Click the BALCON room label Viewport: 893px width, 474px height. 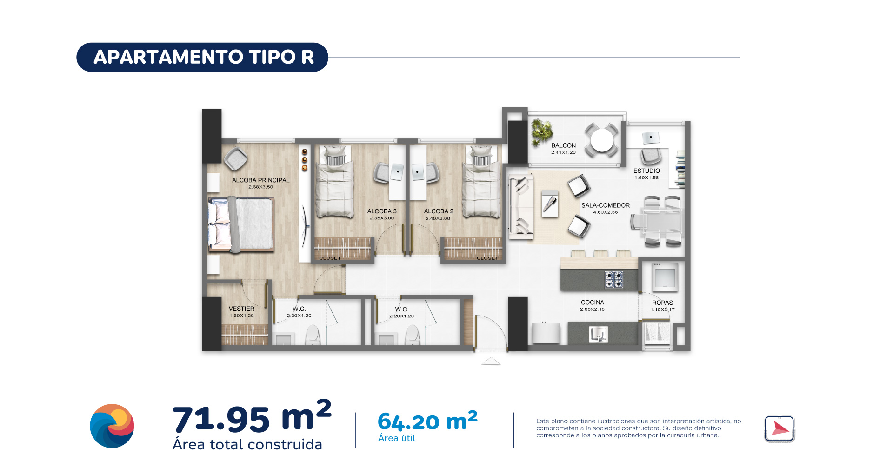563,145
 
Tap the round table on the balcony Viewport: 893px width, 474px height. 602,140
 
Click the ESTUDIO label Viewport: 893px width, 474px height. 646,171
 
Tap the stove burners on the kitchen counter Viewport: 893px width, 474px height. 614,280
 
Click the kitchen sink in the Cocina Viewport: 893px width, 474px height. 598,334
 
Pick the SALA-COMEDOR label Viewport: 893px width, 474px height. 606,205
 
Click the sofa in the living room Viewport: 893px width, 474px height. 521,207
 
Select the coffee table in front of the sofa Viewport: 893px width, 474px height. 550,204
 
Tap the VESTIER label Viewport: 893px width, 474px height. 241,309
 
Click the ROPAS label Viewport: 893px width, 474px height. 662,303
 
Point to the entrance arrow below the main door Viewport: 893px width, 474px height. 491,361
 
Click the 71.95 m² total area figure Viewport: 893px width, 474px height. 252,416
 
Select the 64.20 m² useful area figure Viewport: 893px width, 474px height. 427,421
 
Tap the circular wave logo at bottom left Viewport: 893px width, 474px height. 112,426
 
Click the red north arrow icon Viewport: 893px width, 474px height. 780,428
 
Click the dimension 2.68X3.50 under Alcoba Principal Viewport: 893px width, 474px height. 260,187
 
